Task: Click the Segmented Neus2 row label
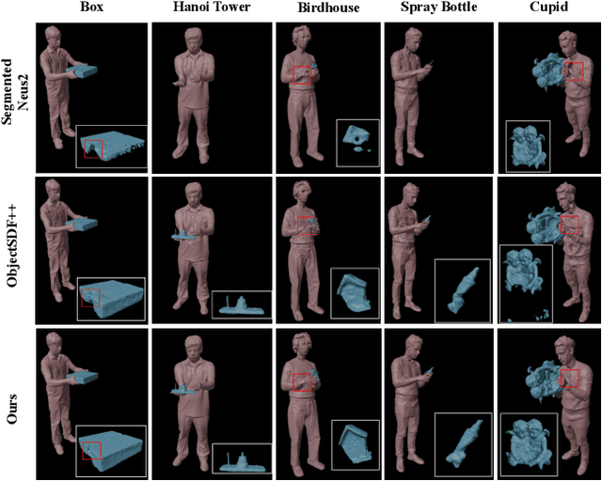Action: (14, 95)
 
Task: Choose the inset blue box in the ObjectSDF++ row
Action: (111, 296)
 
